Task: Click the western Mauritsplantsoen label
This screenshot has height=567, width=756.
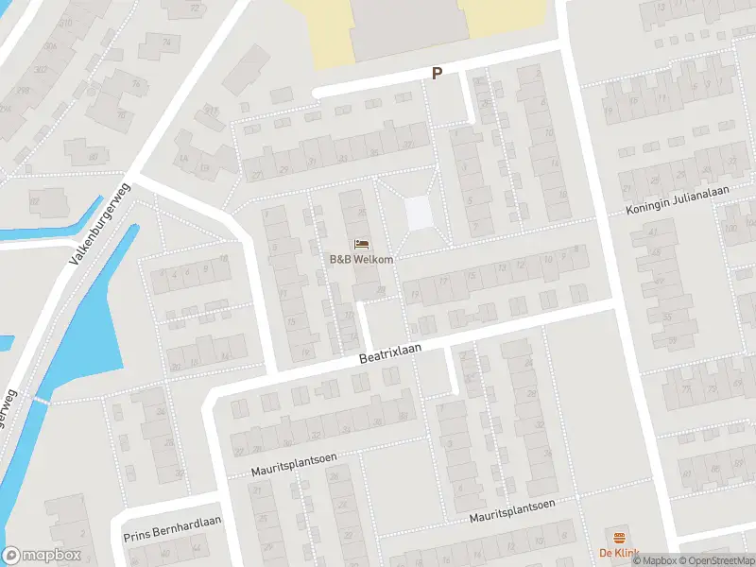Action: pyautogui.click(x=294, y=463)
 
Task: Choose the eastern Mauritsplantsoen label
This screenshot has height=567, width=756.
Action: pyautogui.click(x=512, y=512)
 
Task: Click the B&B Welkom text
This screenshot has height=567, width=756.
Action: pyautogui.click(x=362, y=260)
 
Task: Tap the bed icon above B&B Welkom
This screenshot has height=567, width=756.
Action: pyautogui.click(x=362, y=246)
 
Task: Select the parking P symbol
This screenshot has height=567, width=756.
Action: pyautogui.click(x=437, y=73)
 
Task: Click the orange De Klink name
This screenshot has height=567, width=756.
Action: pyautogui.click(x=620, y=553)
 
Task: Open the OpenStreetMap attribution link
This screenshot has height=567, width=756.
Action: pyautogui.click(x=715, y=560)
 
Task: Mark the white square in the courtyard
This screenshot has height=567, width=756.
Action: pyautogui.click(x=419, y=213)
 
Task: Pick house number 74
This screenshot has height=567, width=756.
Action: pyautogui.click(x=168, y=42)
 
